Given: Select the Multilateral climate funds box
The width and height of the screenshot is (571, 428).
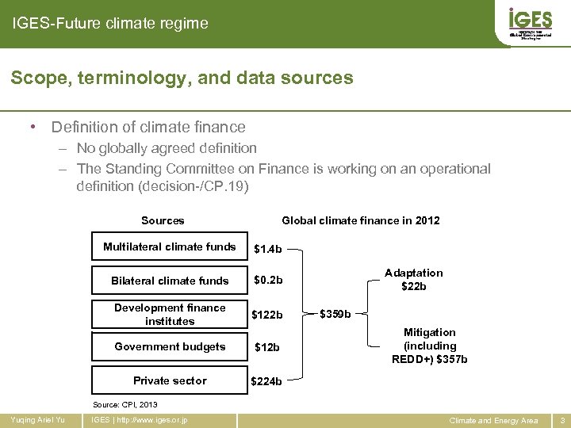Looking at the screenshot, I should click(x=169, y=246).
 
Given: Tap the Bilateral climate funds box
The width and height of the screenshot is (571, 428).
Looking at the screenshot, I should click(x=169, y=281).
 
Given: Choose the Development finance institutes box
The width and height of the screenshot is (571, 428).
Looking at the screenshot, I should click(x=169, y=315).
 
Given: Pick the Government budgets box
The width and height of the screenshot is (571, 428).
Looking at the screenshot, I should click(x=169, y=347).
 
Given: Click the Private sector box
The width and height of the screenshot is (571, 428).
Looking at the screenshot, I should click(x=169, y=380).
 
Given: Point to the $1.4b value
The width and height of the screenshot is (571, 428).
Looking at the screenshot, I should click(x=268, y=249).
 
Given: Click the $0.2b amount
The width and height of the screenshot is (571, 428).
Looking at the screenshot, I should click(x=268, y=281).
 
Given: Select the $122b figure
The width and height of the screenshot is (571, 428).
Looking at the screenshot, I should click(x=267, y=315).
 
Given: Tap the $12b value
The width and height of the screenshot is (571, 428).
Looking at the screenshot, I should click(x=267, y=348).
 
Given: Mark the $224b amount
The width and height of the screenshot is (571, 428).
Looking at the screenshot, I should click(x=267, y=381).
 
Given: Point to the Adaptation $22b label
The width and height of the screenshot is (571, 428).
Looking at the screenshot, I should click(x=414, y=279).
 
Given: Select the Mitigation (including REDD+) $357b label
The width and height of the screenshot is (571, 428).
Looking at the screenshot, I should click(x=430, y=346).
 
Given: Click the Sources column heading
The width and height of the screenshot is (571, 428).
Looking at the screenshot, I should click(x=163, y=221).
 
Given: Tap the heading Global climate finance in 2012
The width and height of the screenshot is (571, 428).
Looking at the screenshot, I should click(x=361, y=221).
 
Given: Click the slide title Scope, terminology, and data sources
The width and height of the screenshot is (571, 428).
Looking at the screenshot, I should click(x=182, y=78).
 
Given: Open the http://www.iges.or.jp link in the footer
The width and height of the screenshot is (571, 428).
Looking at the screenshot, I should click(x=148, y=419).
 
